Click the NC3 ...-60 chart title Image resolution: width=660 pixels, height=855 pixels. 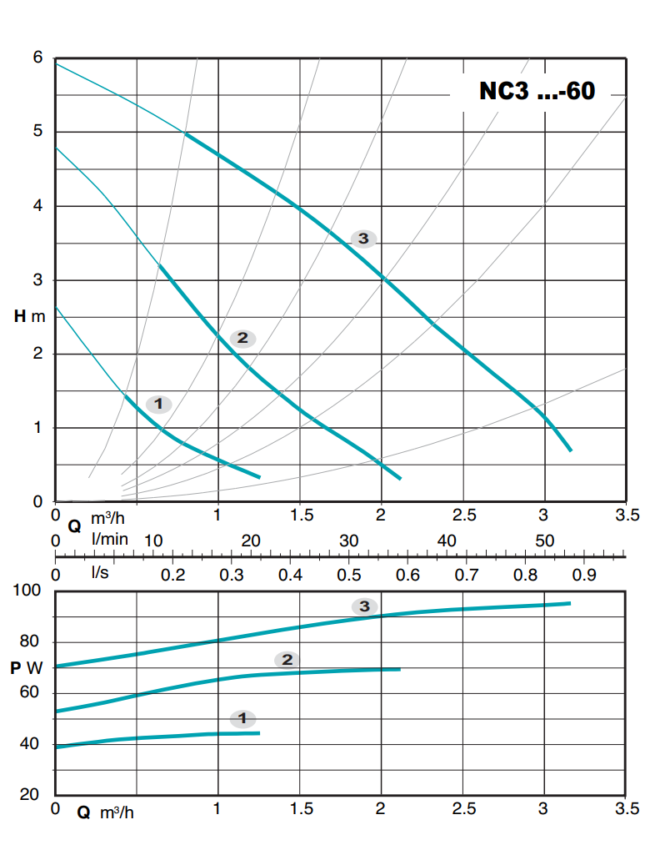coord(537,91)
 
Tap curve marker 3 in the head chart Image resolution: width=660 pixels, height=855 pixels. coord(363,239)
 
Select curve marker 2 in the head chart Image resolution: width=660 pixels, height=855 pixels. coord(242,338)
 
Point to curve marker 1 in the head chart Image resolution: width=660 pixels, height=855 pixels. coord(158,404)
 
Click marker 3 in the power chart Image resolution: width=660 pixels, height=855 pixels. coord(364,606)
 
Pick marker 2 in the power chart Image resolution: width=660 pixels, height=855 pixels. coord(287,660)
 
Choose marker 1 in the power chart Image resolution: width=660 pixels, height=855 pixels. coord(242,717)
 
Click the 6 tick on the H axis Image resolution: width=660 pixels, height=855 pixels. coord(37,58)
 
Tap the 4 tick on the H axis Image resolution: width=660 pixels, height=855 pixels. coord(37,206)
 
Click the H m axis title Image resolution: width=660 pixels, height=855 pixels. coord(29,316)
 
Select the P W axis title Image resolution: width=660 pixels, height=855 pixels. coord(27,668)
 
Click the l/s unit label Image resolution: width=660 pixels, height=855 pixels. coord(101,574)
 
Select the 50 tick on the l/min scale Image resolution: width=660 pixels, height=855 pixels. coord(544,541)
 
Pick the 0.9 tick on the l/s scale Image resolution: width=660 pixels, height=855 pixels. coord(584,574)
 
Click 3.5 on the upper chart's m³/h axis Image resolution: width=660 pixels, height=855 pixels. coord(627,516)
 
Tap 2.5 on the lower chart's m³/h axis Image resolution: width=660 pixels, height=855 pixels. coord(463,809)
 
